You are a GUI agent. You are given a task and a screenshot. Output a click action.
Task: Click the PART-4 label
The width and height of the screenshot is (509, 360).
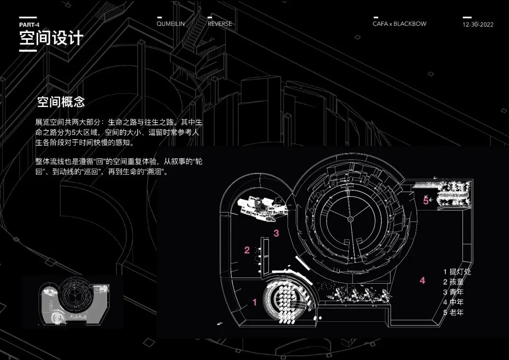pos(29,25)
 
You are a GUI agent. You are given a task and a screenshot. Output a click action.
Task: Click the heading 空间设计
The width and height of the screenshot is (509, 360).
pos(51,38)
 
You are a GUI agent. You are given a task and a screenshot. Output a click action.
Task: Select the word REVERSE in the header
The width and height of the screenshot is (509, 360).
pos(220,24)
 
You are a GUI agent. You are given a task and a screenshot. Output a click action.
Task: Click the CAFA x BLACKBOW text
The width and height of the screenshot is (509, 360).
pos(399,24)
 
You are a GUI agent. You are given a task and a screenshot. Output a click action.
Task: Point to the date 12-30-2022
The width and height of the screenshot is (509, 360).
pos(478,25)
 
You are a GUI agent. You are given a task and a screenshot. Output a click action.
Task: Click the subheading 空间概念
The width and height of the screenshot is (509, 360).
pos(61,102)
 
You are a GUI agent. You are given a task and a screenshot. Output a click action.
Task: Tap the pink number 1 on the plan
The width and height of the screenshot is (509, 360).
pos(255,303)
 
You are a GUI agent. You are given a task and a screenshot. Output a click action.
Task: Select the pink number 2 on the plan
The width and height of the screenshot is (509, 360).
pos(247,250)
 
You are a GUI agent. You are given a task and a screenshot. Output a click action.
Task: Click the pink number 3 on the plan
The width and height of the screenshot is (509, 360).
pos(277,233)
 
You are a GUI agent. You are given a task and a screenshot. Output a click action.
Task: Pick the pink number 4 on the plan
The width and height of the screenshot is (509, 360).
pos(422,280)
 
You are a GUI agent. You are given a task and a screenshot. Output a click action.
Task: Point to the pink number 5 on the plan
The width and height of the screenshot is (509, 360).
pos(426,200)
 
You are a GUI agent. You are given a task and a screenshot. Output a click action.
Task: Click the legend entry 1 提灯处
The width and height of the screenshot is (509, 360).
pos(457,272)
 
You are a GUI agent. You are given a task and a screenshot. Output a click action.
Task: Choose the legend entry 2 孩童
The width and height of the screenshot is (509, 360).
pos(453,282)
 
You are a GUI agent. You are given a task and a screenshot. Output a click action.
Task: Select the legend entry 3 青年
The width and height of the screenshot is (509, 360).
pos(453,292)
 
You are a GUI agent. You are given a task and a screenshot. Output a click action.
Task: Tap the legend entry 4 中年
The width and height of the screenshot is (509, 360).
pos(453,302)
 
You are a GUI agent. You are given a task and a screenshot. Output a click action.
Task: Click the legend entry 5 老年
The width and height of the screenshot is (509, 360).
pos(453,312)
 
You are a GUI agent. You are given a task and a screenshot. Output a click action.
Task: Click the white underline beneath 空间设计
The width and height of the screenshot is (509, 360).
pos(28,50)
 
